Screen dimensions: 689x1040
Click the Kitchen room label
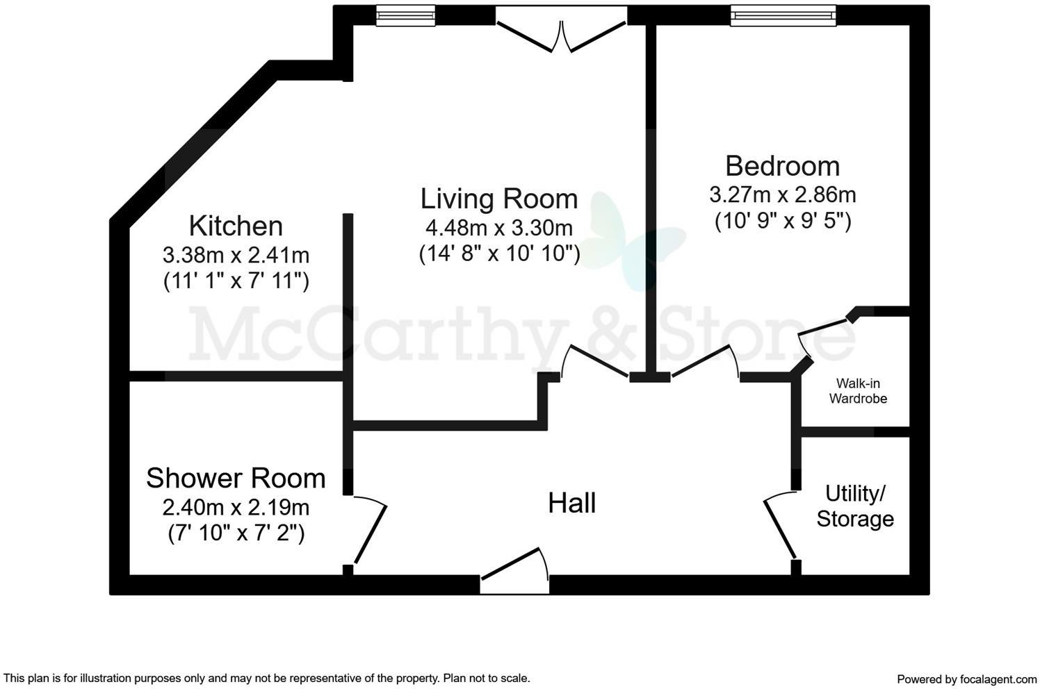(236, 226)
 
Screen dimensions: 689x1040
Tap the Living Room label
(499, 199)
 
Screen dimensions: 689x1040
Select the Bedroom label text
(782, 167)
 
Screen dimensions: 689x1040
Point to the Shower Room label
(236, 479)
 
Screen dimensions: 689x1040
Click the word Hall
(571, 503)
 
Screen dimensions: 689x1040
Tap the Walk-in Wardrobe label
(858, 391)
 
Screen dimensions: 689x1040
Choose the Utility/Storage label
(855, 506)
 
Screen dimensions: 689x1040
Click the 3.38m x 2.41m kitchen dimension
(236, 255)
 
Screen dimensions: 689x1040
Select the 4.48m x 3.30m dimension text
(499, 227)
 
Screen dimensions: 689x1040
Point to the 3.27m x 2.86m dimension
(782, 194)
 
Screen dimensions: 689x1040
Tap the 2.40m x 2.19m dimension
(236, 507)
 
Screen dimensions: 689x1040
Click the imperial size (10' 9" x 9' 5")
(783, 221)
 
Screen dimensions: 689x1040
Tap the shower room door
(369, 529)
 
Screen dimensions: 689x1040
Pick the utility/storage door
(780, 525)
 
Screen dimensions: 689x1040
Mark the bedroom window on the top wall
(783, 15)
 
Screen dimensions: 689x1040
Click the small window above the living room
(405, 15)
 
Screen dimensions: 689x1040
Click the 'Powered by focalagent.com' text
(966, 679)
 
